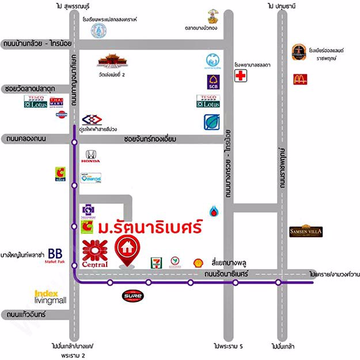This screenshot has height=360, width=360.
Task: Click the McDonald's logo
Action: click(300, 79)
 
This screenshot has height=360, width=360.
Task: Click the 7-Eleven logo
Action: click(156, 262)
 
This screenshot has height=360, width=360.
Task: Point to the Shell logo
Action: click(198, 262)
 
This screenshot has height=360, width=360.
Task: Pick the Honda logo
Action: click(92, 156)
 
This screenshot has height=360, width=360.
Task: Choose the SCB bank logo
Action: click(212, 82)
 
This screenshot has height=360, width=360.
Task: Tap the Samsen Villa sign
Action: click(305, 232)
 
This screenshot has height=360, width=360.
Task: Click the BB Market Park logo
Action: click(55, 255)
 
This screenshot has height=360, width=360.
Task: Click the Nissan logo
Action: click(61, 115)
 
